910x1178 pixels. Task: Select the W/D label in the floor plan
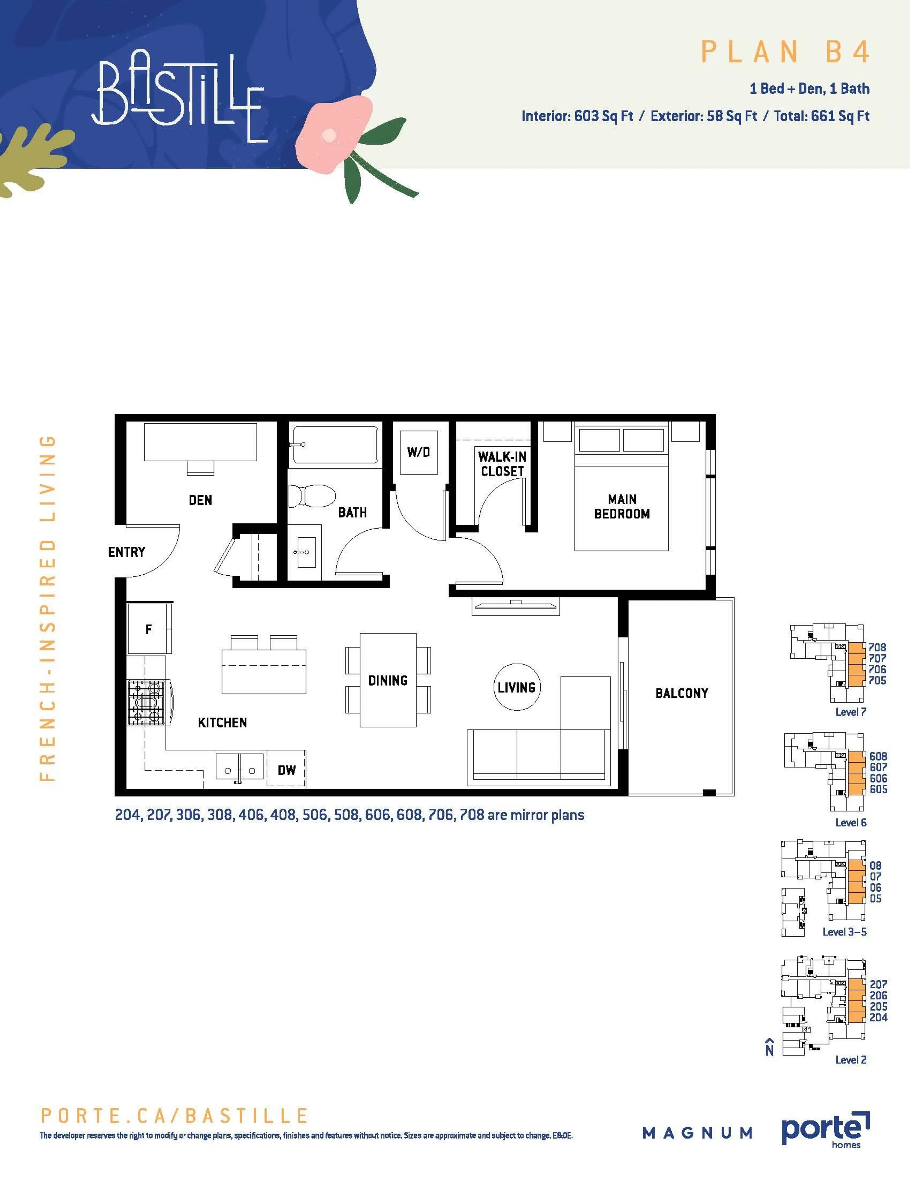coord(418,452)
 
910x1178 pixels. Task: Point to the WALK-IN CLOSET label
coord(502,464)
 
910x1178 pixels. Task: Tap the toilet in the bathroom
coord(311,496)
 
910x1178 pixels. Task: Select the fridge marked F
coord(149,629)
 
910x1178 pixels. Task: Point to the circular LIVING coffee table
coord(516,687)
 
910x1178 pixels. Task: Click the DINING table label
coord(388,681)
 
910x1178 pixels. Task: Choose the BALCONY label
coord(681,693)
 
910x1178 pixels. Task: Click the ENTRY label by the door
coord(127,552)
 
